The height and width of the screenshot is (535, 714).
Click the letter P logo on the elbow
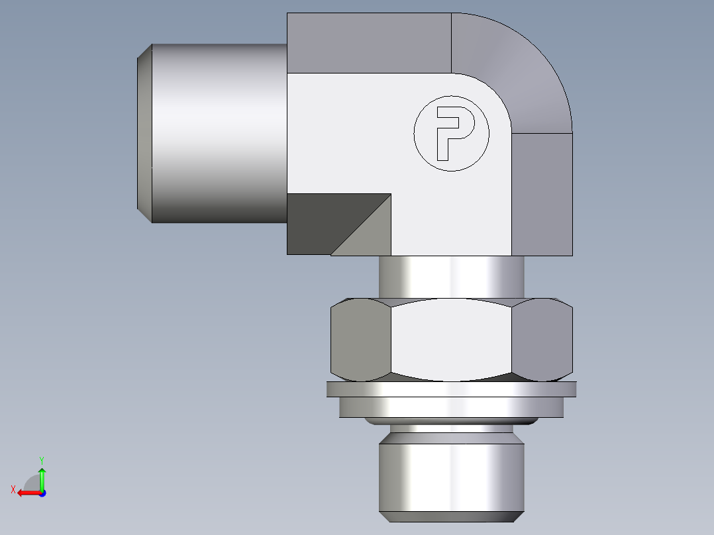(452, 133)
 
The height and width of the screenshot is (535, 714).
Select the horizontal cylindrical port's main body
(219, 133)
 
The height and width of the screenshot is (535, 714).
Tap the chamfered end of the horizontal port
(144, 133)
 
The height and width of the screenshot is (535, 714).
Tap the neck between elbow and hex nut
(451, 277)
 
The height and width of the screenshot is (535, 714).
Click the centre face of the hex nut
(451, 339)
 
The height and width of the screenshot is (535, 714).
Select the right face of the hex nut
(542, 339)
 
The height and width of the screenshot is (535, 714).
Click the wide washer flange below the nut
(451, 389)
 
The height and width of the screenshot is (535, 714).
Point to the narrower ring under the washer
(451, 407)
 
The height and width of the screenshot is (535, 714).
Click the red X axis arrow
(26, 493)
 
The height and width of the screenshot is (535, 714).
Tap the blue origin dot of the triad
(42, 493)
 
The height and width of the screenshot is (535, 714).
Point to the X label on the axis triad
(13, 489)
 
